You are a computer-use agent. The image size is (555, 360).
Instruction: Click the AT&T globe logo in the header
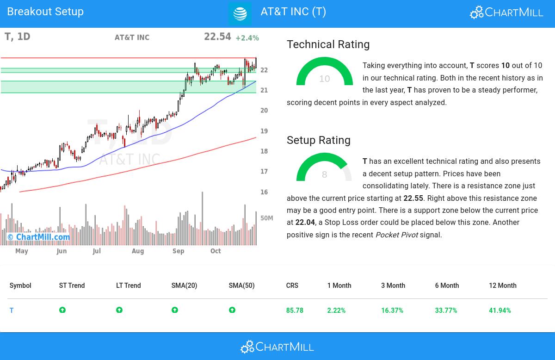(x=240, y=14)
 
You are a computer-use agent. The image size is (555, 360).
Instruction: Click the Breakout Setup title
(x=45, y=12)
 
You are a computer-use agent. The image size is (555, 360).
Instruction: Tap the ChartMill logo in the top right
(x=506, y=12)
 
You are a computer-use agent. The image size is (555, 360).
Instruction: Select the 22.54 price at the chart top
(x=217, y=37)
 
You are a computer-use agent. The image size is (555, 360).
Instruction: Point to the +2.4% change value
(x=247, y=38)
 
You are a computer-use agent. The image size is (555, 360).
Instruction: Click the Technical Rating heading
(x=328, y=44)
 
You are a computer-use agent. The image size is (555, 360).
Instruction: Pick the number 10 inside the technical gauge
(x=324, y=79)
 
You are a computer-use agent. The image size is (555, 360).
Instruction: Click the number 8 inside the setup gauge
(x=324, y=174)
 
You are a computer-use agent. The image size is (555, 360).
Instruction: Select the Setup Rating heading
(x=318, y=140)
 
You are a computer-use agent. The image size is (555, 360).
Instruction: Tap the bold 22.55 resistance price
(x=413, y=198)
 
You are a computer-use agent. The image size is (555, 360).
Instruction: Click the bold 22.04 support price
(x=305, y=223)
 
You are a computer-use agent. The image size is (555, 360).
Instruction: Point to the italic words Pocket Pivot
(x=396, y=235)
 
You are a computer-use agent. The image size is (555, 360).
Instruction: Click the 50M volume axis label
(x=267, y=218)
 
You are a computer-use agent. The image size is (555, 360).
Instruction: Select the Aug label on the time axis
(x=138, y=251)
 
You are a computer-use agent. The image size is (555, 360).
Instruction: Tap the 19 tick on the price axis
(x=264, y=131)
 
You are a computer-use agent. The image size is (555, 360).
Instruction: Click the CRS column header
(x=292, y=286)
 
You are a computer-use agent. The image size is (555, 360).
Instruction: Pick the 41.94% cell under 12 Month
(x=499, y=310)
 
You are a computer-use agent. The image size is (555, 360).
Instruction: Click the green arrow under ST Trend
(x=62, y=310)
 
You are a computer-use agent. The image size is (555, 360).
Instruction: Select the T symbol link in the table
(x=12, y=310)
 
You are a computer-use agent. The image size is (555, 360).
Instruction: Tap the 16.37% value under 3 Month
(x=392, y=310)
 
